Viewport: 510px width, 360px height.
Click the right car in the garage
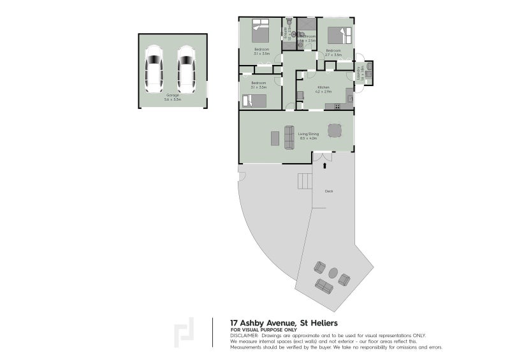(186, 69)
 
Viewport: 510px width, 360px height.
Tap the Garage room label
(173, 97)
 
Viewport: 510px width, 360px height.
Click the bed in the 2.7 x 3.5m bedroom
(340, 36)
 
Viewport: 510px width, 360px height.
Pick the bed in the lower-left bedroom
(254, 101)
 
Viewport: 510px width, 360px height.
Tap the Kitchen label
(323, 87)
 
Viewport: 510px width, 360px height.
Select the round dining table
(335, 131)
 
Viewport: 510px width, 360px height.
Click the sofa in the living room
(289, 136)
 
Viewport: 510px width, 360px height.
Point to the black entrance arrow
(326, 166)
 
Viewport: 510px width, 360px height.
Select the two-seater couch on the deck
(324, 287)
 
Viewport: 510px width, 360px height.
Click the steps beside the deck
(305, 182)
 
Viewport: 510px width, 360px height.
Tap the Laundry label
(360, 76)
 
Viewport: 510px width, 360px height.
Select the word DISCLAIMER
(244, 335)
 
